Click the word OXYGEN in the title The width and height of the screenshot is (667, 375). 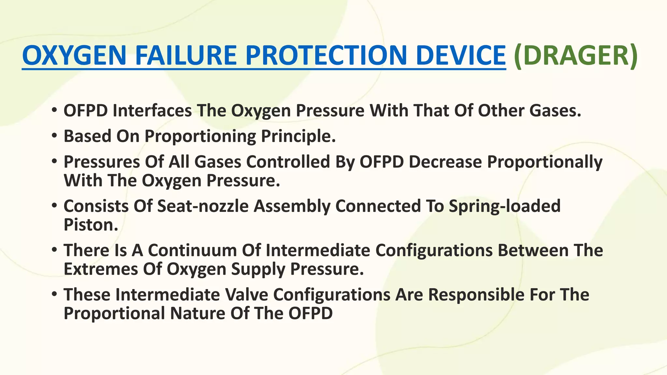click(x=74, y=55)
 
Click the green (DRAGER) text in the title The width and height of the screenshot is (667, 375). click(x=575, y=55)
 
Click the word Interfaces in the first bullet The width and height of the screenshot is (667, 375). click(x=152, y=111)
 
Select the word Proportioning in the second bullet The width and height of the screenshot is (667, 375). click(x=200, y=136)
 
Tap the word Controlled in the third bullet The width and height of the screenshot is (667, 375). click(x=288, y=162)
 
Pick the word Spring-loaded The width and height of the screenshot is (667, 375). click(x=504, y=206)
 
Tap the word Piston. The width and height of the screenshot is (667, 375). click(x=91, y=225)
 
